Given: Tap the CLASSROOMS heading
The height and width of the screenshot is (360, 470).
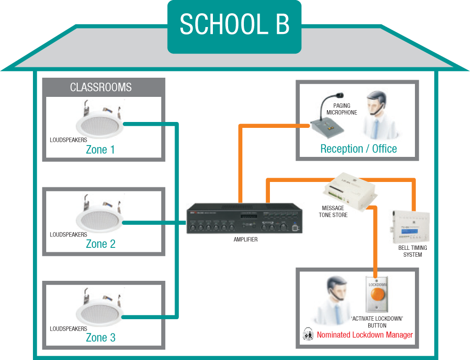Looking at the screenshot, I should tap(101, 88).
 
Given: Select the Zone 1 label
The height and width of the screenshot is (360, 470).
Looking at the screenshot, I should tap(100, 150).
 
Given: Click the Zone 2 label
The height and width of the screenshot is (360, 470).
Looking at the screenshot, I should tap(100, 244).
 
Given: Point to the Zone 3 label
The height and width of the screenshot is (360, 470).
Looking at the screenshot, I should tap(100, 338).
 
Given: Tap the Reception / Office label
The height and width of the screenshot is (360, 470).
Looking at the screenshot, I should tap(358, 149).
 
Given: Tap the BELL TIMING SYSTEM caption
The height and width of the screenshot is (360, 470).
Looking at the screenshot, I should tap(412, 251).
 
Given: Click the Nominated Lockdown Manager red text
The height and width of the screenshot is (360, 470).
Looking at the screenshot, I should tap(364, 335).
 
